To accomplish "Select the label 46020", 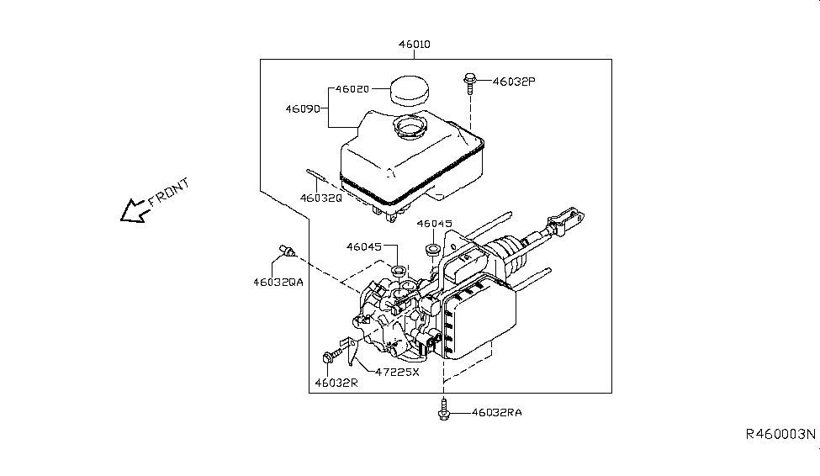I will coord(352,88).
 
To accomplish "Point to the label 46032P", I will coord(513,82).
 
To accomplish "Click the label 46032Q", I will coord(320,199).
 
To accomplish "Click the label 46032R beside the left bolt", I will coord(336,383).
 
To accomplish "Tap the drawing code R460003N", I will coord(780,435).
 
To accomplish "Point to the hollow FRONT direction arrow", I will coord(133,211).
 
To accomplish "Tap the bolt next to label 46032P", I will coord(468,82).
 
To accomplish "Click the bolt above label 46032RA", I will coord(443,410).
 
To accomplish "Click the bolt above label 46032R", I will coord(330,357).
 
